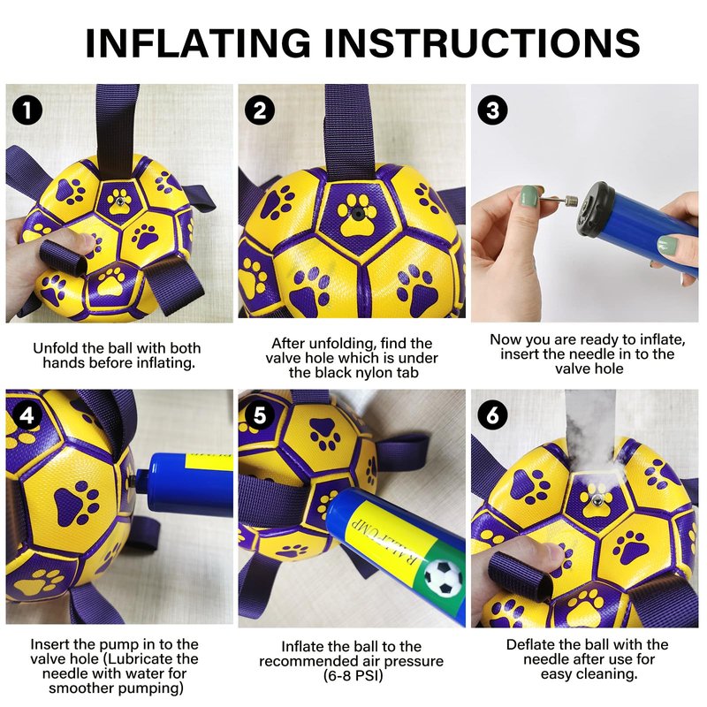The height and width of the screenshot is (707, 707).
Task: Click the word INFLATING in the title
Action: tap(198, 42)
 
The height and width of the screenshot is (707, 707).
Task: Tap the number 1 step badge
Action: tap(27, 110)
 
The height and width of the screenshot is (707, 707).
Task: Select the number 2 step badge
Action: tap(260, 110)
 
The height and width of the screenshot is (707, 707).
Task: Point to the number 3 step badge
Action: tap(493, 110)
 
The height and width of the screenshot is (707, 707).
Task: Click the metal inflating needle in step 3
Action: tap(559, 200)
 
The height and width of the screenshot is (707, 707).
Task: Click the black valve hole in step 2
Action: tap(357, 214)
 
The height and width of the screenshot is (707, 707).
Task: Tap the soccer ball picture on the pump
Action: tap(444, 577)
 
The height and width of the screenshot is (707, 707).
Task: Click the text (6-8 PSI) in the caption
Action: tap(353, 676)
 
